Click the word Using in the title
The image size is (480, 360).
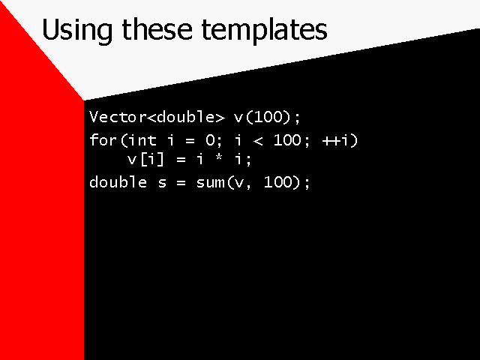(76, 31)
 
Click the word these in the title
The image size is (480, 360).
(157, 29)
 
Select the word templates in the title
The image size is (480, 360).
(264, 31)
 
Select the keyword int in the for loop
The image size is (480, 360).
(142, 140)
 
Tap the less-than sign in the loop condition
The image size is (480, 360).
(258, 141)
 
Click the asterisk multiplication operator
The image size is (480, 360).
(218, 158)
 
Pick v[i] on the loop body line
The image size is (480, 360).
(145, 159)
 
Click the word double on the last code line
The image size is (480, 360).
(118, 181)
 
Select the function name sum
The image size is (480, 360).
(210, 183)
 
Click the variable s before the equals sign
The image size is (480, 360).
(163, 183)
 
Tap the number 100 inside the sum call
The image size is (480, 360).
(278, 181)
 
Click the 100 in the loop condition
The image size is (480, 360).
(287, 140)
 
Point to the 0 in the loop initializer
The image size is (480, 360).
(210, 140)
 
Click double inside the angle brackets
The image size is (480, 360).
(185, 117)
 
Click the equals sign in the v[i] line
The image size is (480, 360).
(181, 160)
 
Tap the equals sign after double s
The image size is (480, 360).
(181, 183)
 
